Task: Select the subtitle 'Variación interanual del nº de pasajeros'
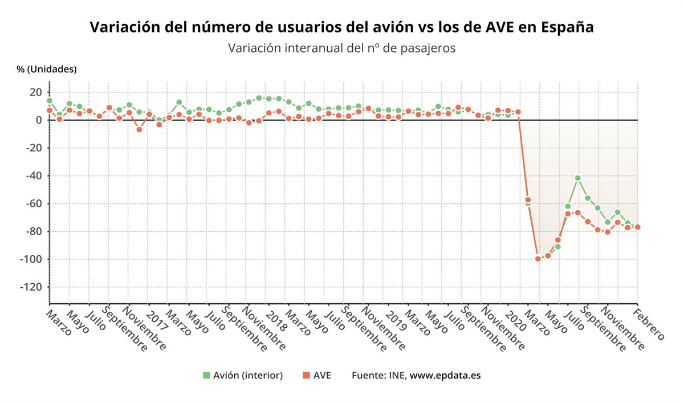point(341,48)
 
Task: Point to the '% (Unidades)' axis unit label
point(47,69)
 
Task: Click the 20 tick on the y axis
point(35,92)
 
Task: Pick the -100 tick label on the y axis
point(31,259)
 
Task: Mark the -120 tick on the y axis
point(31,287)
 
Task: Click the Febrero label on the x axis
point(650,325)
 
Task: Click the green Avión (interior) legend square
point(206,375)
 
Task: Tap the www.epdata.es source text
point(445,375)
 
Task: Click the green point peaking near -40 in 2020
point(578,178)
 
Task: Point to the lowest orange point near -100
point(538,259)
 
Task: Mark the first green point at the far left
point(50,100)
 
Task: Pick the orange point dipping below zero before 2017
point(139,130)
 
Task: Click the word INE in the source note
point(397,375)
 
